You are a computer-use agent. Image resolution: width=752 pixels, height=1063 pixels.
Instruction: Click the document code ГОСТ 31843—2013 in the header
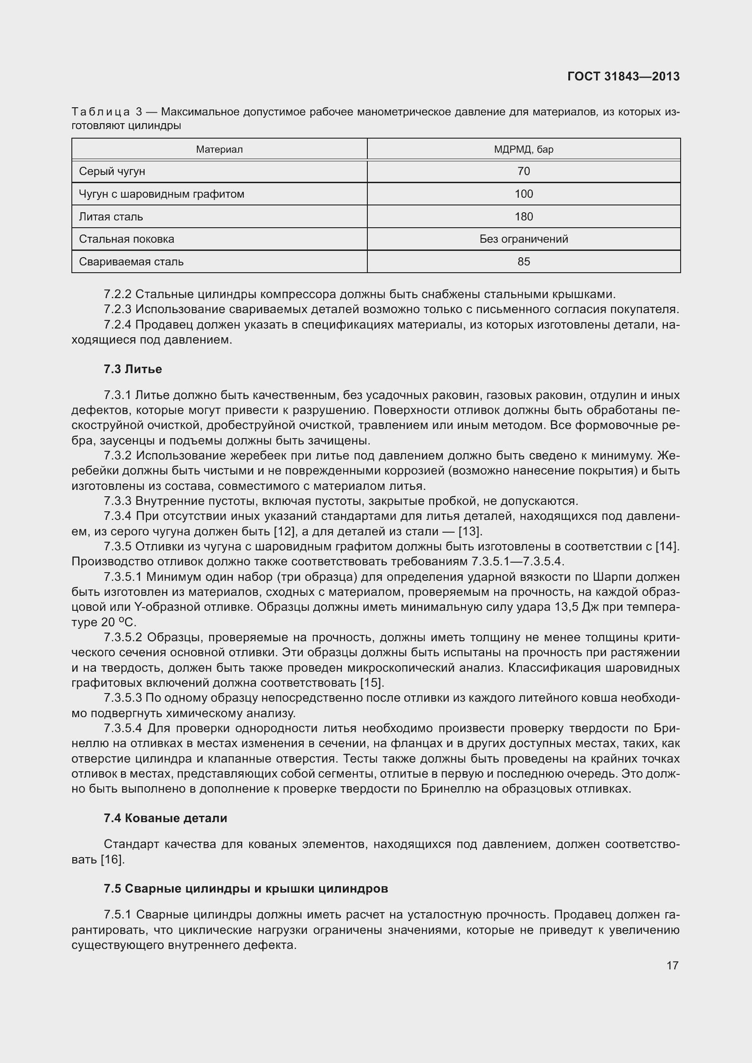click(x=623, y=76)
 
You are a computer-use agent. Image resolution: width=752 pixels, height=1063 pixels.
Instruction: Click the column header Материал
click(x=219, y=150)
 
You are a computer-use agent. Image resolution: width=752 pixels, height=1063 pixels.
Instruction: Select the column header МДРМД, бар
click(x=523, y=150)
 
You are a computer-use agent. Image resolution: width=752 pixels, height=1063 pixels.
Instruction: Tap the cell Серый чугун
click(x=112, y=171)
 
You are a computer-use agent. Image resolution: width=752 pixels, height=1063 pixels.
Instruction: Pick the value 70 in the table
click(x=523, y=171)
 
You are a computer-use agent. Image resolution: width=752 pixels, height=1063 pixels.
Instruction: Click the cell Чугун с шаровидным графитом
click(x=161, y=194)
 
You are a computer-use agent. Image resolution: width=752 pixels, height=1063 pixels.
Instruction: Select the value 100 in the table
click(x=523, y=194)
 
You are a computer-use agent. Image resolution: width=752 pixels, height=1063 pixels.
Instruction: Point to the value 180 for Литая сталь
click(x=523, y=217)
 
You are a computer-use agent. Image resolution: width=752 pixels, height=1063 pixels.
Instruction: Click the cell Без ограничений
click(x=523, y=239)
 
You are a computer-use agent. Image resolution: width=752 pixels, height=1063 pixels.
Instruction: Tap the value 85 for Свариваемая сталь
click(x=523, y=262)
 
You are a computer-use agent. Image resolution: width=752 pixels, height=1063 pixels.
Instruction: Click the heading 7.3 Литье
click(x=133, y=369)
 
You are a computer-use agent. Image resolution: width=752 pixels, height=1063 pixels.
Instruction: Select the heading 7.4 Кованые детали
click(x=165, y=818)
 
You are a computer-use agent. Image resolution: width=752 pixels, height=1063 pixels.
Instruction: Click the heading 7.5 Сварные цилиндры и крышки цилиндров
click(x=246, y=888)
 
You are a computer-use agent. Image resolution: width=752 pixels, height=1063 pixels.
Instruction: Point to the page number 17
click(x=672, y=965)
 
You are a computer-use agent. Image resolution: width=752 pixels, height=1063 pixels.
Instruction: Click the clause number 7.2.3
click(x=118, y=309)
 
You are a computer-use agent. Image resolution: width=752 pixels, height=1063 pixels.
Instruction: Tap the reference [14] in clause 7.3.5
click(x=667, y=547)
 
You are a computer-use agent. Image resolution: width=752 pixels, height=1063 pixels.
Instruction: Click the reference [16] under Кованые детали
click(x=112, y=859)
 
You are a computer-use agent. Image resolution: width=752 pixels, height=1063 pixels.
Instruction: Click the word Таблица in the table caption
click(x=100, y=112)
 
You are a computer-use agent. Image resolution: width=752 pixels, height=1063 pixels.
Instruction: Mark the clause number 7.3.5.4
click(x=123, y=728)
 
